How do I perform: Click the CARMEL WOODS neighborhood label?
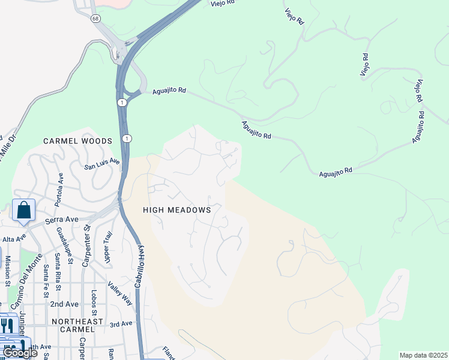[x=77, y=141]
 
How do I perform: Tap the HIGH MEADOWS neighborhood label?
[x=177, y=210]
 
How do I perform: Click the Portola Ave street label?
[x=59, y=190]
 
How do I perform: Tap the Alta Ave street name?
[x=14, y=239]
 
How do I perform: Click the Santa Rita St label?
[x=58, y=268]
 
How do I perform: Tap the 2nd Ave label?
[x=64, y=304]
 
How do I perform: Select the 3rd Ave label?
[x=121, y=324]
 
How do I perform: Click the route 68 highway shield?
[x=95, y=19]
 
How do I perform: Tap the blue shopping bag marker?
[x=23, y=211]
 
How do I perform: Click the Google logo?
[x=20, y=353]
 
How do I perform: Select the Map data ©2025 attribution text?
[x=424, y=355]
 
